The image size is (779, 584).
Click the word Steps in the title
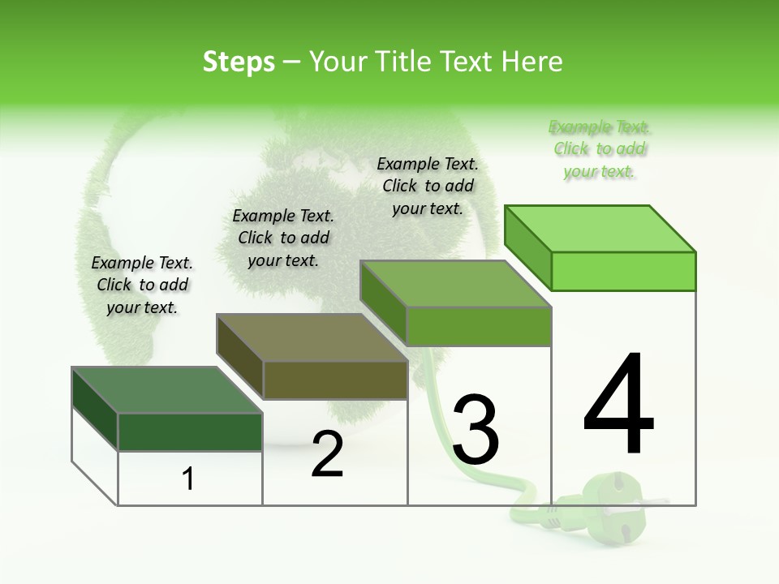[239, 62]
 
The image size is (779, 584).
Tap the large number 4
[619, 406]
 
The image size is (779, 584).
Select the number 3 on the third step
[476, 430]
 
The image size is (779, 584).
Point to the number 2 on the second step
[327, 455]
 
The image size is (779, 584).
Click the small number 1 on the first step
[188, 479]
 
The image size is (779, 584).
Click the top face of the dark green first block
[166, 390]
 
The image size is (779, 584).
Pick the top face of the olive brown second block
[312, 337]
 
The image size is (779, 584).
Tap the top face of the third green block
[454, 284]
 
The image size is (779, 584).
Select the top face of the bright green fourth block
[600, 229]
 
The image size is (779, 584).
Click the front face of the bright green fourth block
[623, 271]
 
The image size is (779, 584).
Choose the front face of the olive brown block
[335, 379]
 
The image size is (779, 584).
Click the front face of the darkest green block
[191, 432]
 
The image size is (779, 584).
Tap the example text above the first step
[142, 285]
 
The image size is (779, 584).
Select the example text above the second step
[283, 238]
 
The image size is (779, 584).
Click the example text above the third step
[428, 186]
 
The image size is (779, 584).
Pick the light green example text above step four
[600, 149]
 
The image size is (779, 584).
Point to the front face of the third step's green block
[479, 326]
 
